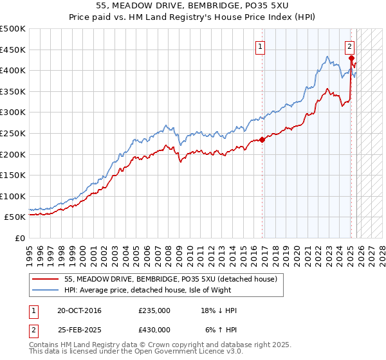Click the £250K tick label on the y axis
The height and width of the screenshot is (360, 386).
click(13, 133)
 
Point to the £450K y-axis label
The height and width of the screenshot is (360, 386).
click(13, 50)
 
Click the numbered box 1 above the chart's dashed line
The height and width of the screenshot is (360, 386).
click(261, 46)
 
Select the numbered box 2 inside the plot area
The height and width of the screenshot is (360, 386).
click(349, 46)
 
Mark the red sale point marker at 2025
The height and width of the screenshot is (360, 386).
click(351, 58)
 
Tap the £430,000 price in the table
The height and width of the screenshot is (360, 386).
click(154, 329)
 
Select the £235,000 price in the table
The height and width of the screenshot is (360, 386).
click(154, 310)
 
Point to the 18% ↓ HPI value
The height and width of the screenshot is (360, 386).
click(219, 310)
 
